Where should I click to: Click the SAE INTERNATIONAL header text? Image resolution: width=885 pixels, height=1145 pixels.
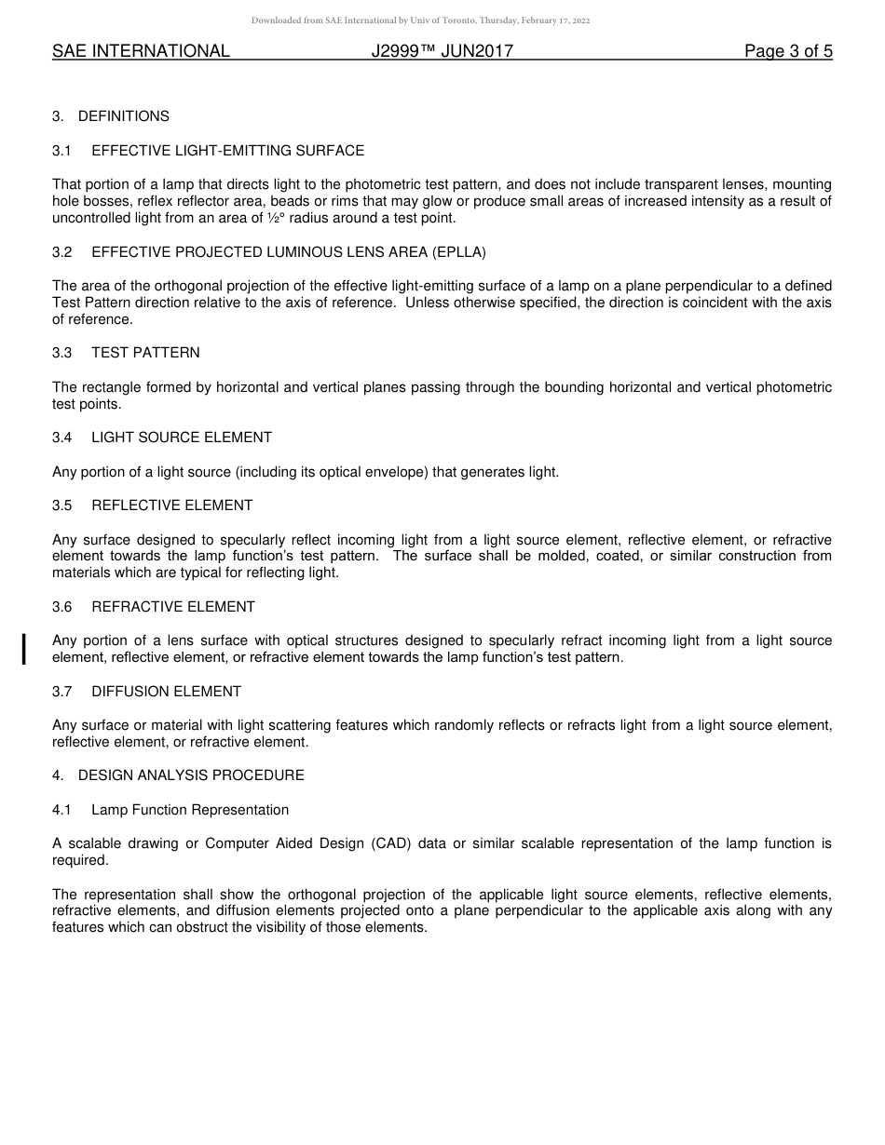[x=141, y=51]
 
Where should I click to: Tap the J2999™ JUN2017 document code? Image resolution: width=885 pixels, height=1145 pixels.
[x=442, y=51]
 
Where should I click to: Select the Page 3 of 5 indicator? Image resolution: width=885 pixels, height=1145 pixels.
[x=788, y=51]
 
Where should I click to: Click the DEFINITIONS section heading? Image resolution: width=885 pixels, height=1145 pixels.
[x=123, y=116]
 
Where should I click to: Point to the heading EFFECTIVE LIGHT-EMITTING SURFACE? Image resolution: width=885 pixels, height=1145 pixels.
[x=227, y=151]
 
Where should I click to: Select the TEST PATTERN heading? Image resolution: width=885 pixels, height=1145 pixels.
[x=145, y=353]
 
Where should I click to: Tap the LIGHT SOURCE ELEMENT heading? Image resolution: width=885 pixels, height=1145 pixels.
[x=182, y=438]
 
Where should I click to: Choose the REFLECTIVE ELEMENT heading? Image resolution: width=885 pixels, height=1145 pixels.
[x=172, y=505]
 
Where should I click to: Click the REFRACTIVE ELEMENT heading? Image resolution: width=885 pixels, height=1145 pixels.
[x=173, y=607]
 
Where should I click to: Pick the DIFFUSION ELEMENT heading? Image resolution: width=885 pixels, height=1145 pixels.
[x=166, y=692]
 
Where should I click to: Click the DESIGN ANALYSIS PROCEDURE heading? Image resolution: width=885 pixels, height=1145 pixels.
[x=191, y=775]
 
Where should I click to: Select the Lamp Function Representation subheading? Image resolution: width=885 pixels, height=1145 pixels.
[x=190, y=810]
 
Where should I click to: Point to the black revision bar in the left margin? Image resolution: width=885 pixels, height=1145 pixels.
[x=24, y=649]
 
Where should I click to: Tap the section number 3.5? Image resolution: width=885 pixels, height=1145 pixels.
[x=62, y=505]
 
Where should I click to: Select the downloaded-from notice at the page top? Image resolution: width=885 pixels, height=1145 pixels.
[x=420, y=20]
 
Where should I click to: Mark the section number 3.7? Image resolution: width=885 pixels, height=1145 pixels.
[x=62, y=692]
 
